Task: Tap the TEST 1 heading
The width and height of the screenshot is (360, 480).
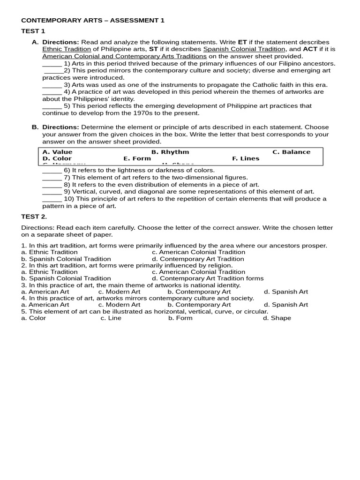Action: click(33, 31)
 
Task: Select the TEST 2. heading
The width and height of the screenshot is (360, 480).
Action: click(34, 217)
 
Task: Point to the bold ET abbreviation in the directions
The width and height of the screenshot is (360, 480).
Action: click(242, 42)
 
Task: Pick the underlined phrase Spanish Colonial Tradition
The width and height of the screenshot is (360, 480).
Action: click(244, 49)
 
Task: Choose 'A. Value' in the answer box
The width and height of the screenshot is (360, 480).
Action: click(57, 152)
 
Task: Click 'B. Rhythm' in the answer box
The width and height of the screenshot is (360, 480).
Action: click(170, 152)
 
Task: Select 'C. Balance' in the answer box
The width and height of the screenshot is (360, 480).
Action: click(291, 152)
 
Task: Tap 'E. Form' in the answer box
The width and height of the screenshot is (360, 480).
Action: click(137, 158)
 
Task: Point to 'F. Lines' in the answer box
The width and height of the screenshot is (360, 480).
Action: click(246, 158)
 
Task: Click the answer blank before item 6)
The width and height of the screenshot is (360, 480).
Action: click(52, 171)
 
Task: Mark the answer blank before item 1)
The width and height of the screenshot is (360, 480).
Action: click(52, 64)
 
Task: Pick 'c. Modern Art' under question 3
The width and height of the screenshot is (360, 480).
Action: click(119, 292)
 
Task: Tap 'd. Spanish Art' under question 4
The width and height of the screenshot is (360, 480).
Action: click(285, 305)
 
